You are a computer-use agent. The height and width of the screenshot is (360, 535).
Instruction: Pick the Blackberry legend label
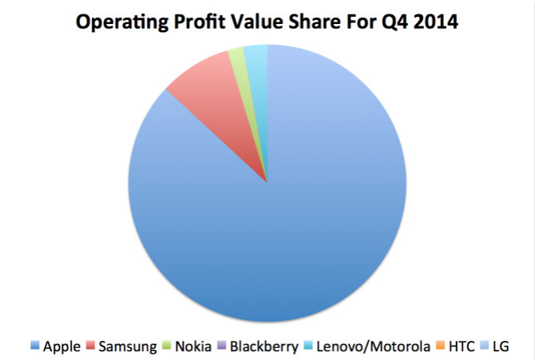coord(261,346)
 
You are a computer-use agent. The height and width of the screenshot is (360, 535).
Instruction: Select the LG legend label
coord(500,346)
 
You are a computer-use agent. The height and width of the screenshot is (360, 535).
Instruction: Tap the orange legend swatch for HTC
coord(440,346)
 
